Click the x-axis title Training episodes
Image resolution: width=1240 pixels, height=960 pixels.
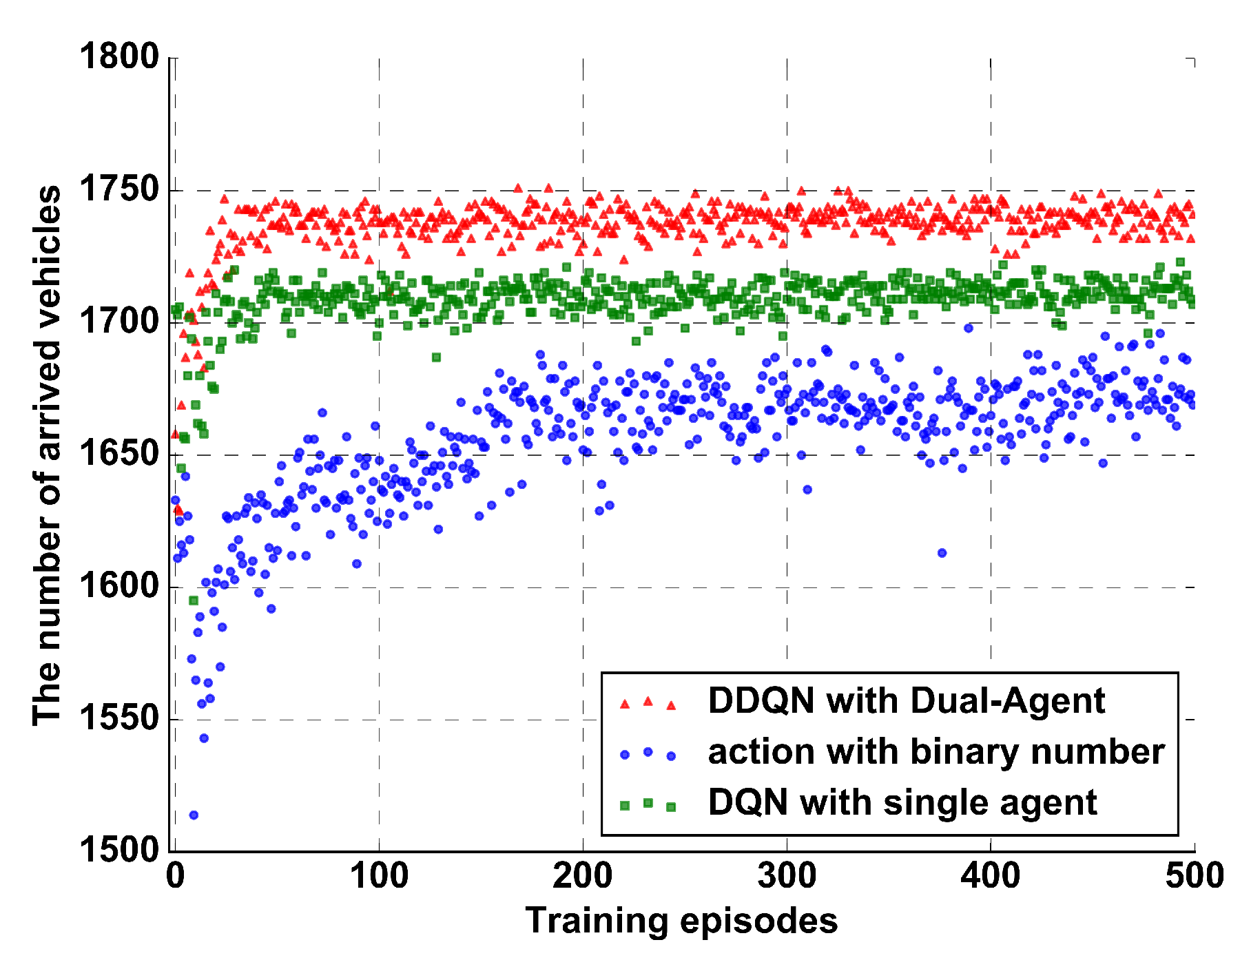tap(681, 921)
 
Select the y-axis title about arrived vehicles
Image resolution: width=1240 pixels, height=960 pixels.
tap(47, 455)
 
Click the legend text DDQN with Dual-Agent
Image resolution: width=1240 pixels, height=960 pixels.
tap(906, 701)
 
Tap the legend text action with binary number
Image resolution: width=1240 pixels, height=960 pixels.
tap(936, 751)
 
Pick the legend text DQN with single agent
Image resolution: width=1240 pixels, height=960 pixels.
tap(902, 802)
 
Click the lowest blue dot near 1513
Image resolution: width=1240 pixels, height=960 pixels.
tap(194, 815)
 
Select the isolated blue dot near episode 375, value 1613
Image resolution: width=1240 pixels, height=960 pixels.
tap(942, 553)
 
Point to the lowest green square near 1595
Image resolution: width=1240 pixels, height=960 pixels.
tap(194, 601)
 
